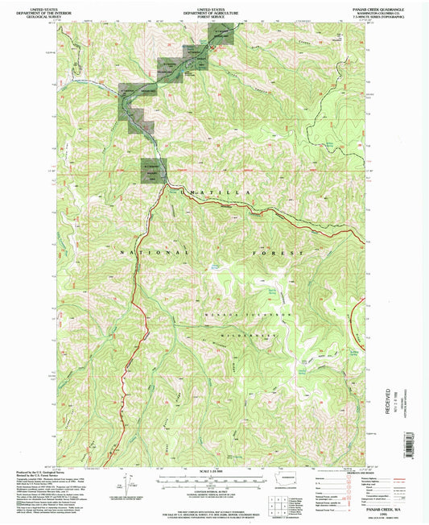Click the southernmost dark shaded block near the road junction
153,170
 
